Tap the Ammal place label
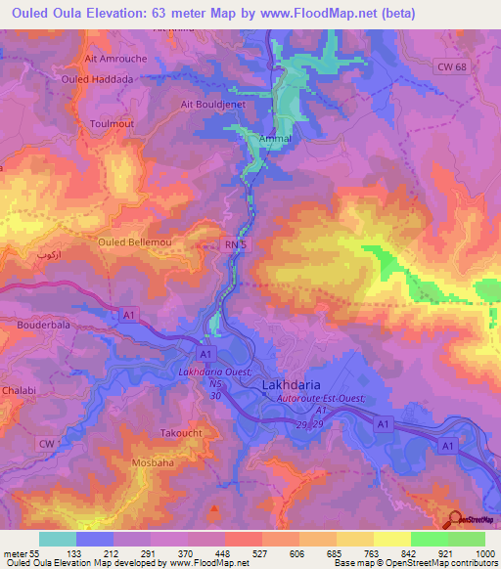(x=249, y=140)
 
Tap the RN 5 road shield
(x=232, y=245)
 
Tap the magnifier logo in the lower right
(x=455, y=519)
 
